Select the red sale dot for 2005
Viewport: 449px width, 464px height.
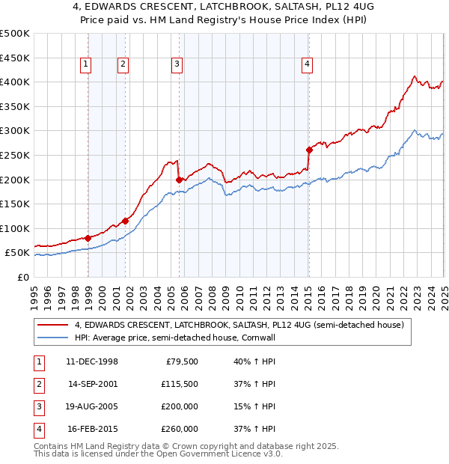pyautogui.click(x=179, y=180)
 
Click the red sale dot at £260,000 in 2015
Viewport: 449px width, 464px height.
pyautogui.click(x=309, y=150)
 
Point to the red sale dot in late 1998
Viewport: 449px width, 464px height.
pyautogui.click(x=88, y=238)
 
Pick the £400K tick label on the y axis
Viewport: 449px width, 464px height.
pyautogui.click(x=15, y=82)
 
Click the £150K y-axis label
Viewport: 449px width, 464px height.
pyautogui.click(x=15, y=204)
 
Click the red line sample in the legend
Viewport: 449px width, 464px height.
pyautogui.click(x=52, y=325)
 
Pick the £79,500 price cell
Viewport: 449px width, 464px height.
pyautogui.click(x=182, y=361)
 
